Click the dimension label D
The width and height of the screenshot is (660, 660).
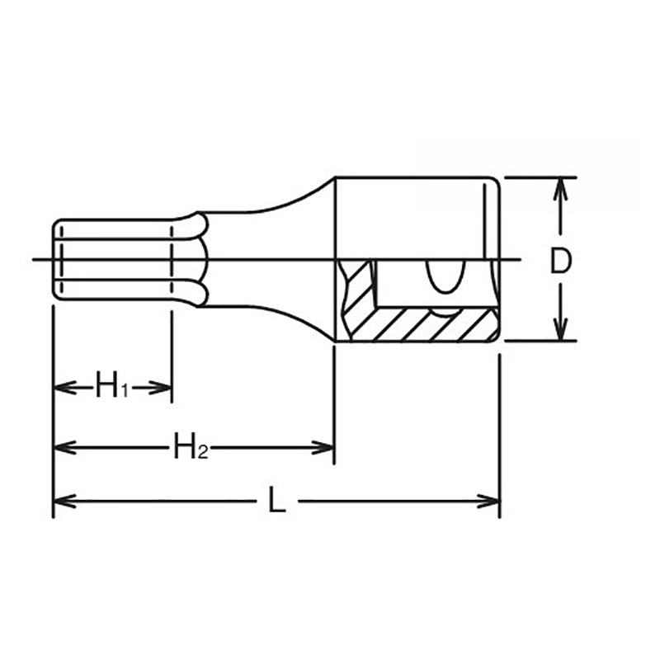561,260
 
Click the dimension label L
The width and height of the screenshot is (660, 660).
276,501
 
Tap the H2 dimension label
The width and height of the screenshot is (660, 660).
190,447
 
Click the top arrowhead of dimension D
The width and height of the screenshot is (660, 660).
561,186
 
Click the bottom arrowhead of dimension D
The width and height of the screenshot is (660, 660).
561,332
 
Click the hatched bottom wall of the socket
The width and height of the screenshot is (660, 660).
429,326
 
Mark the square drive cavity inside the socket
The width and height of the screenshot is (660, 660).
404,285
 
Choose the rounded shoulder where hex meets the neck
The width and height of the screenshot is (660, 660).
198,260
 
